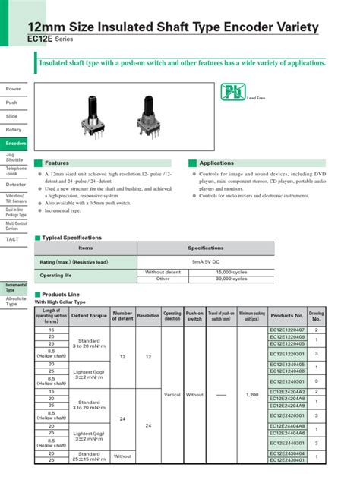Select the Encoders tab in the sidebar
click(x=15, y=143)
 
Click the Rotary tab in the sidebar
click(x=14, y=129)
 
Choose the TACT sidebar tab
click(x=12, y=239)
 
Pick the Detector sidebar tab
click(x=15, y=184)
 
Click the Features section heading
click(x=57, y=163)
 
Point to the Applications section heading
click(x=216, y=163)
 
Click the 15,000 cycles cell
click(x=232, y=271)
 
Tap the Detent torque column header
click(x=89, y=315)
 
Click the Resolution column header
click(x=148, y=315)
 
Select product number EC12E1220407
click(x=287, y=330)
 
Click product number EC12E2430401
click(x=287, y=460)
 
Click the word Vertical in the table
click(x=172, y=395)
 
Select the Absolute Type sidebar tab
click(x=15, y=301)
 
